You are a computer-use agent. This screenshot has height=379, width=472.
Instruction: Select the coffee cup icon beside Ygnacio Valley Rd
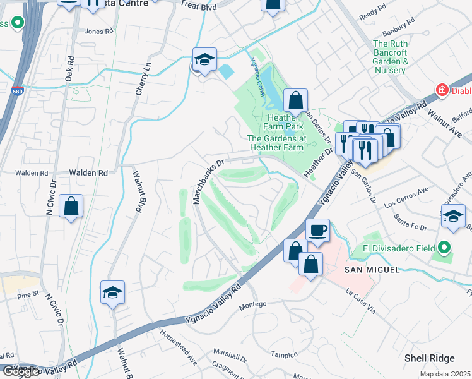click(317, 231)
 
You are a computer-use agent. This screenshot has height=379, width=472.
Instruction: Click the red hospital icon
click(442, 90)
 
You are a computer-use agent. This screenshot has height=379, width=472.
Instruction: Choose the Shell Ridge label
click(429, 358)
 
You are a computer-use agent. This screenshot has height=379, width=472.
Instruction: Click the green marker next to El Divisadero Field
click(444, 247)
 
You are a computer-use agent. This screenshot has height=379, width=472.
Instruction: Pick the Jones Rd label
click(98, 30)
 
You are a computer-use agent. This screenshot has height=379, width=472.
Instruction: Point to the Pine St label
click(28, 294)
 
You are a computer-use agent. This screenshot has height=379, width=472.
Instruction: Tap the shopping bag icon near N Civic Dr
click(71, 206)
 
